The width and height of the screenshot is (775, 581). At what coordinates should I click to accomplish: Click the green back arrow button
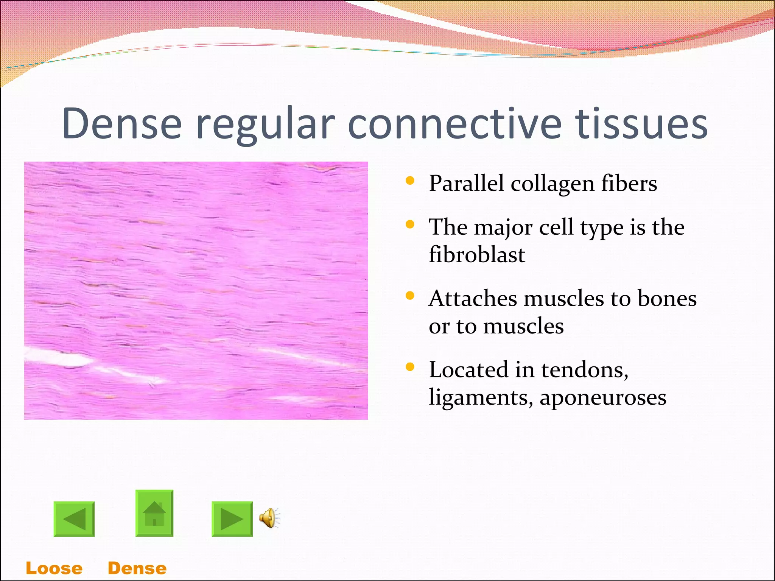[74, 519]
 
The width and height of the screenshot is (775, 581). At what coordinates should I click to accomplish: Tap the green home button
[154, 513]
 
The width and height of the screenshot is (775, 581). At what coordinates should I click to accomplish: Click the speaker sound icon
[269, 518]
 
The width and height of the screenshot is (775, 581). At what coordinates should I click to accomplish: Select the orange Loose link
[54, 569]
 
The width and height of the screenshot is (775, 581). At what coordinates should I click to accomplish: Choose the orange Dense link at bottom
[137, 569]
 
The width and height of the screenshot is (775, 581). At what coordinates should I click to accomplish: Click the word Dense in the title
[122, 124]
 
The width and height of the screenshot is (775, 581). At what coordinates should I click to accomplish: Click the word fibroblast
[477, 254]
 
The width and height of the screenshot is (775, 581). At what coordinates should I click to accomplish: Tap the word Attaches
[473, 298]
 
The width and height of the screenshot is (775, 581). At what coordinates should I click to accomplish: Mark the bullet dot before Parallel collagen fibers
[409, 181]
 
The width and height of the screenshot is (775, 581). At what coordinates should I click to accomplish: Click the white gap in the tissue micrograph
[61, 358]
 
